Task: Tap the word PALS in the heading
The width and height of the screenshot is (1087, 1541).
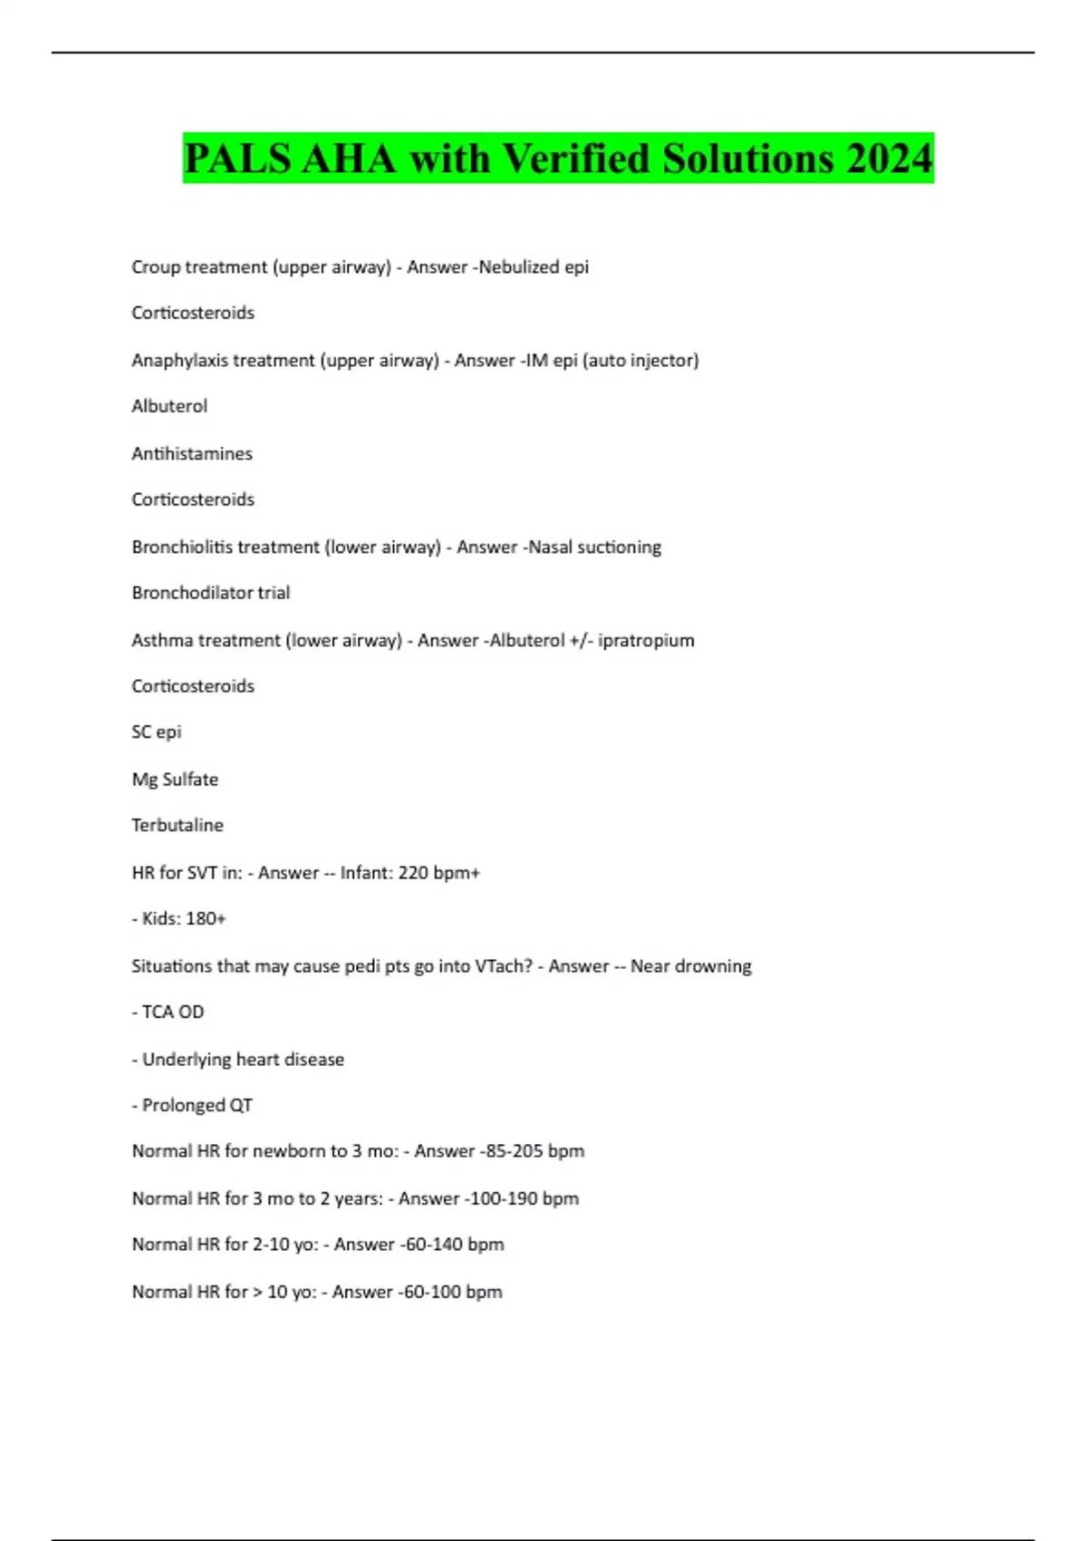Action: click(x=236, y=159)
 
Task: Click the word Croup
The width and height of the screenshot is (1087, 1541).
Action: click(x=155, y=267)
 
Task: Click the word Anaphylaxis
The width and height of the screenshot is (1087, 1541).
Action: click(x=177, y=361)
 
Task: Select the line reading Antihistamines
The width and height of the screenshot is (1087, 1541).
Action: click(x=192, y=453)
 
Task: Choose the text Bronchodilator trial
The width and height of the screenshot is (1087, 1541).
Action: click(x=211, y=593)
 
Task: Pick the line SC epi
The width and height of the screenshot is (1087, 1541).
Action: click(x=157, y=732)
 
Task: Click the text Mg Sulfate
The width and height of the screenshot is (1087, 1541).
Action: click(x=175, y=780)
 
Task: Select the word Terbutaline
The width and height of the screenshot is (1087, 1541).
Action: click(x=178, y=826)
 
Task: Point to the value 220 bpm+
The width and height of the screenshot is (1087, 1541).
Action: click(x=439, y=873)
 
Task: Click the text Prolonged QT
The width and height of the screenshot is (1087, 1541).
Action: click(x=197, y=1106)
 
